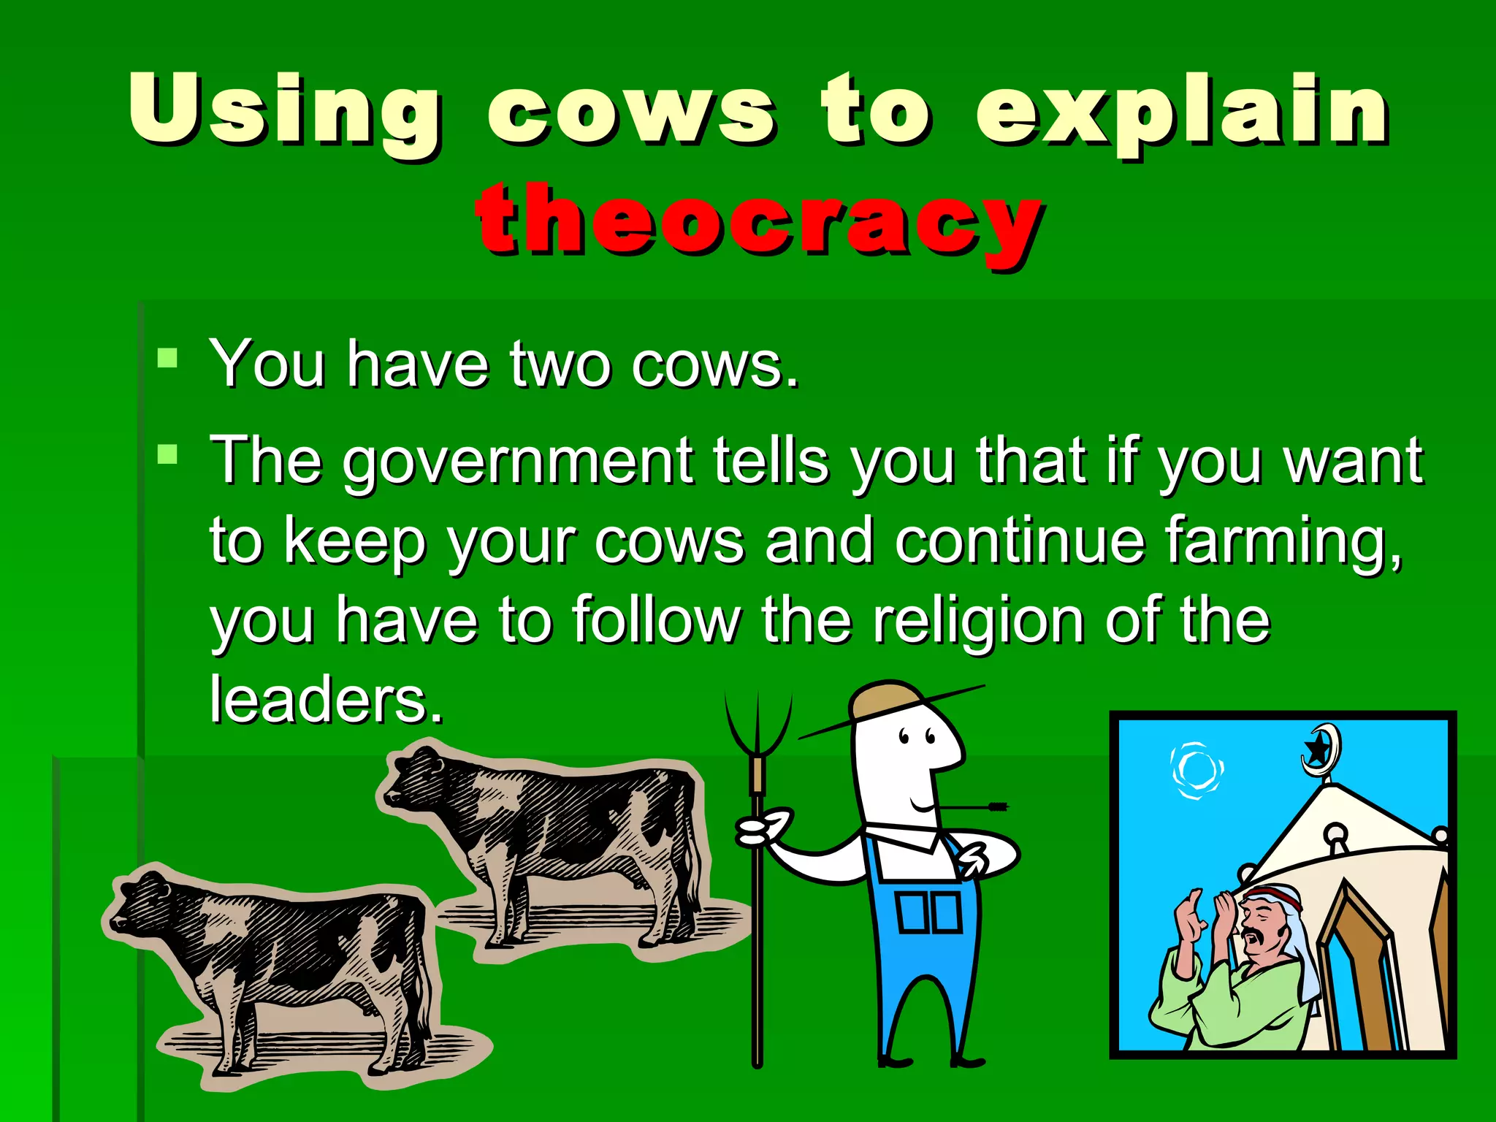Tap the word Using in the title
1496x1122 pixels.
click(x=285, y=110)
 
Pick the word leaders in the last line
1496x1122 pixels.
click(x=326, y=700)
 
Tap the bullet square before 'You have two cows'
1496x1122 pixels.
click(x=168, y=358)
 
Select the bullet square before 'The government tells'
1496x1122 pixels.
click(x=168, y=454)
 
